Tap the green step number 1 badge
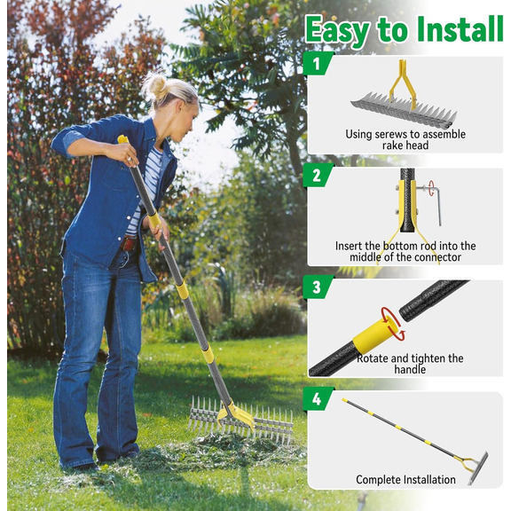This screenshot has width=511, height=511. (318, 64)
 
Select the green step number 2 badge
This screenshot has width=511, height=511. (318, 175)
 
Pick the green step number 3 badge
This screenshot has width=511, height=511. (318, 287)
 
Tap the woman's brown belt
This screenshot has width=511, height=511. (130, 242)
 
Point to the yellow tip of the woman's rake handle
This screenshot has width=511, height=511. (122, 139)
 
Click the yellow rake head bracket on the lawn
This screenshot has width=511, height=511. (238, 414)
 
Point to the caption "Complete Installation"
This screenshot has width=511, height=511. (405, 480)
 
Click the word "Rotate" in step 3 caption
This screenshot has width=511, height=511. (374, 358)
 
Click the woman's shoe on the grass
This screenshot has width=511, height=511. (82, 467)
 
